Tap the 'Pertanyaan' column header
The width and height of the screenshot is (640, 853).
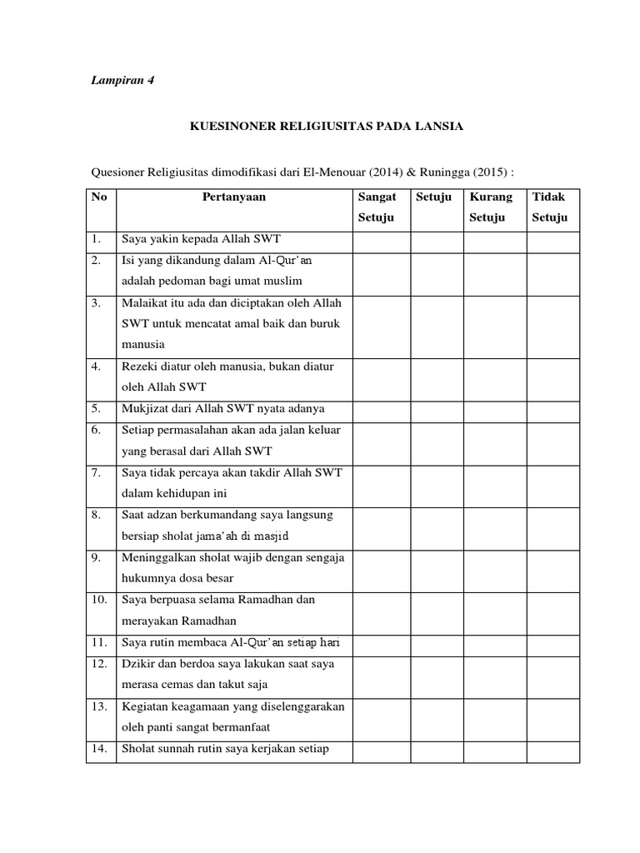click(234, 197)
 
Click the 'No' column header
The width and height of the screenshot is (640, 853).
click(100, 197)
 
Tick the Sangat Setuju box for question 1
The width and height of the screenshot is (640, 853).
click(382, 240)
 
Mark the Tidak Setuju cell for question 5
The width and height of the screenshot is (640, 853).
click(552, 409)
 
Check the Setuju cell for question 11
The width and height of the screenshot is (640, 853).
click(437, 644)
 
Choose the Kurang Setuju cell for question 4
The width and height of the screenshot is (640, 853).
click(495, 377)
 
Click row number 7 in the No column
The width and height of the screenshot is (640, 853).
click(97, 472)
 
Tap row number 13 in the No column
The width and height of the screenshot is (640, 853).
click(100, 706)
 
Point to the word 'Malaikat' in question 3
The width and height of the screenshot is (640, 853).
click(145, 303)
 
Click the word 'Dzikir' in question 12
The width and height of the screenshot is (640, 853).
click(138, 664)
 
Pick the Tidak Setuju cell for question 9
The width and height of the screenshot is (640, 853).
click(552, 567)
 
